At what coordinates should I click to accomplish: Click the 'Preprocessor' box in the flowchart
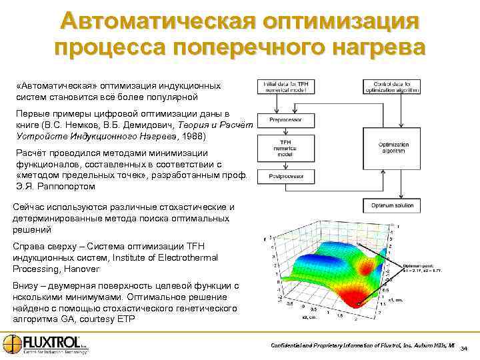point(285,120)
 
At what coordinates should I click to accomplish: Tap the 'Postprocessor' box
point(285,177)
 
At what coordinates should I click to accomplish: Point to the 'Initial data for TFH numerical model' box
point(285,86)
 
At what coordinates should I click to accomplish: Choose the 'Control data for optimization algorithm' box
point(391,86)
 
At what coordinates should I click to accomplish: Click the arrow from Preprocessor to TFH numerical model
point(285,132)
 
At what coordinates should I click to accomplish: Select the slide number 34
point(465,348)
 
